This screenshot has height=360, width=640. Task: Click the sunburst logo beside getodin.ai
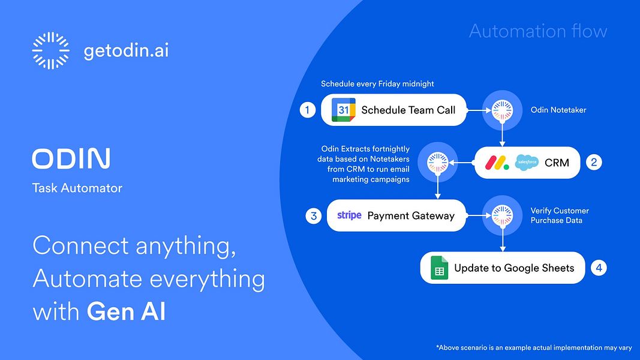pos(50,51)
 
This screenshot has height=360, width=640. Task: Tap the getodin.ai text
pos(126,51)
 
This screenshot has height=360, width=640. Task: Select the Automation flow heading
pos(538,31)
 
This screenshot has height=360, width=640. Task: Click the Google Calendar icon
pos(344,110)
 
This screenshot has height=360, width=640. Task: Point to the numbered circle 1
pos(308,110)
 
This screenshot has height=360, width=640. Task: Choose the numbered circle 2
pos(594,162)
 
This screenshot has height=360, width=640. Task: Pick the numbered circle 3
pos(313,215)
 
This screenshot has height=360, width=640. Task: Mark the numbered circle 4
pos(599,268)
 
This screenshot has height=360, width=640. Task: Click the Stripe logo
pos(349,215)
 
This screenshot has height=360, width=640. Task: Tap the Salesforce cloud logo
pos(527,162)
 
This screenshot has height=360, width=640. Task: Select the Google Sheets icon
pos(440,268)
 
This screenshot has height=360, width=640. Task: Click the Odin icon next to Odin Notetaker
pos(502,110)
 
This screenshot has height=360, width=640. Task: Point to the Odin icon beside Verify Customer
pos(502,215)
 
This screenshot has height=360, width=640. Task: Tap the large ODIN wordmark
pos(71,158)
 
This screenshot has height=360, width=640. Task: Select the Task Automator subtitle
pos(77,188)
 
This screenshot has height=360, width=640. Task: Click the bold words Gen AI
pos(126,312)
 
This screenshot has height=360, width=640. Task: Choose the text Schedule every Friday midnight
pos(377,84)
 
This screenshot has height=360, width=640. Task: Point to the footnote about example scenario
pos(534,347)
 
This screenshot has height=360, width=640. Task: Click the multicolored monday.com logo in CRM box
pos(497,162)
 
